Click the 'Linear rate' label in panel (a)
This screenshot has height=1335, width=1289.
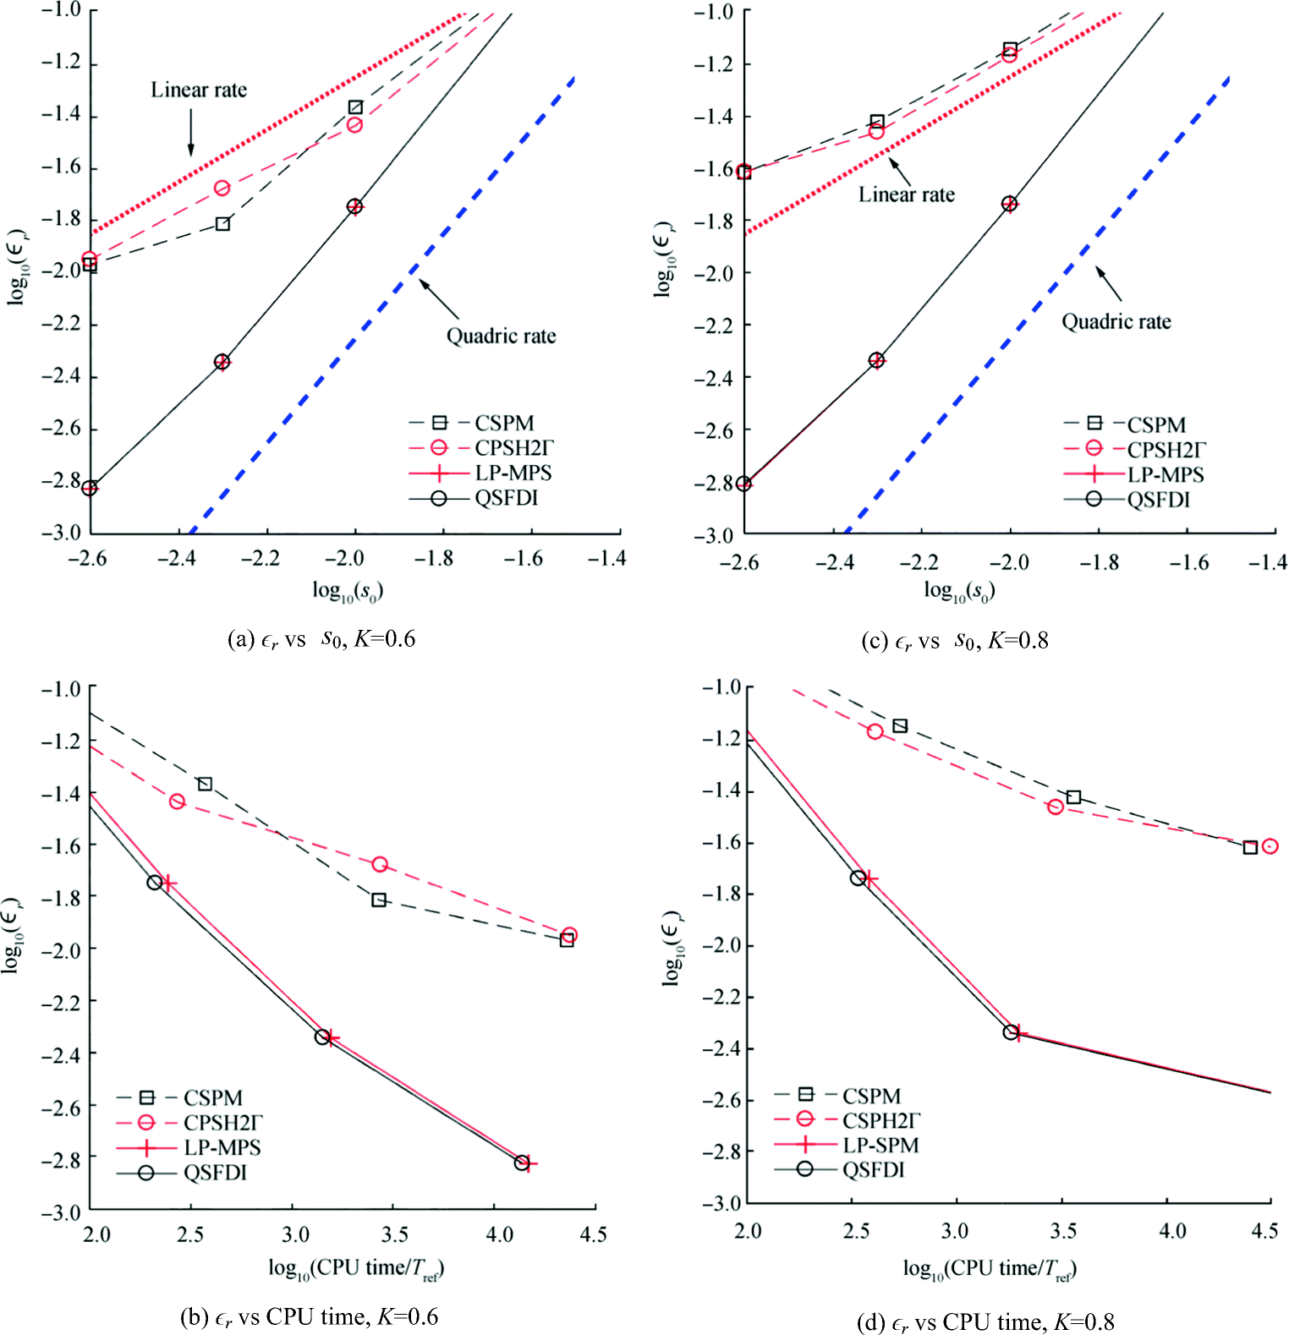pos(199,90)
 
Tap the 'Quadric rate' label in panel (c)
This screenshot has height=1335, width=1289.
pos(1116,322)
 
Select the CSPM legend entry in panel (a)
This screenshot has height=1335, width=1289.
pos(504,423)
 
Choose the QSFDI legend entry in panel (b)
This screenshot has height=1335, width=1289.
pos(215,1173)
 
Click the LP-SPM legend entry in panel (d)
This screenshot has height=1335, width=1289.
pos(880,1145)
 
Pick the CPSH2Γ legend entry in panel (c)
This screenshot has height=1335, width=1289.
pos(1166,450)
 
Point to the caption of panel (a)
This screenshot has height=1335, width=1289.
pos(321,639)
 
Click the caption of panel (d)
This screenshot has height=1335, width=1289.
pos(985,1321)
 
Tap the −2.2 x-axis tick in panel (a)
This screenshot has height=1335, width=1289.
pos(266,559)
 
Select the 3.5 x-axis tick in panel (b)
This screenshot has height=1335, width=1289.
pos(395,1234)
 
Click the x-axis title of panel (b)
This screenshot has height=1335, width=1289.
pos(356,1268)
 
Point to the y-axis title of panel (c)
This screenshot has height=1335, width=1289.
pos(665,259)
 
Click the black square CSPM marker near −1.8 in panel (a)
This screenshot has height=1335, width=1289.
pos(222,224)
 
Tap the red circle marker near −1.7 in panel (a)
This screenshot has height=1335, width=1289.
pos(222,188)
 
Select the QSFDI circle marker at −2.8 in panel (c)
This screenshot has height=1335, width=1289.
pos(743,484)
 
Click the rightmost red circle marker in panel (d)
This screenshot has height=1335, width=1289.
pos(1270,845)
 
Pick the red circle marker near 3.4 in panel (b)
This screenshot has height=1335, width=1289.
pos(380,864)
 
